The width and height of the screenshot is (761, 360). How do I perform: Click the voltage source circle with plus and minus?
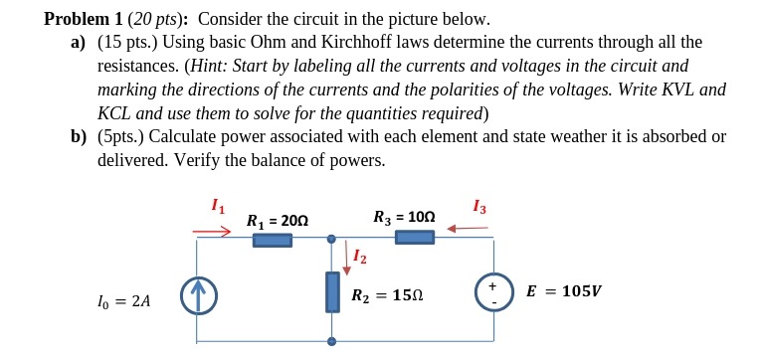(492, 291)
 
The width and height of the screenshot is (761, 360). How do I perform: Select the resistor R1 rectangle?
(272, 240)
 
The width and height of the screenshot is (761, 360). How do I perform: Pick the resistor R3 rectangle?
(414, 237)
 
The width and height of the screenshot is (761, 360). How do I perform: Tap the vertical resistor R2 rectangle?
(331, 291)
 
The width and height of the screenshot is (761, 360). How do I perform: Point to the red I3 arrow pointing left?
(467, 229)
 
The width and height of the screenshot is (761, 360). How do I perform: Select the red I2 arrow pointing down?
(346, 257)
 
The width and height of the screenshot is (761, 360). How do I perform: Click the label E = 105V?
(563, 291)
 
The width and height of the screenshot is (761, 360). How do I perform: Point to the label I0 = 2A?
(125, 299)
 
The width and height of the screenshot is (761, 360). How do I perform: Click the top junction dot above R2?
(331, 239)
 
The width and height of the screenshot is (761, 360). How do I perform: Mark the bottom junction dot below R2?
(331, 341)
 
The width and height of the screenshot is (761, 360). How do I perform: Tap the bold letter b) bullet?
(79, 136)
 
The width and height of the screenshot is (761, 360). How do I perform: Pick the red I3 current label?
(480, 207)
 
